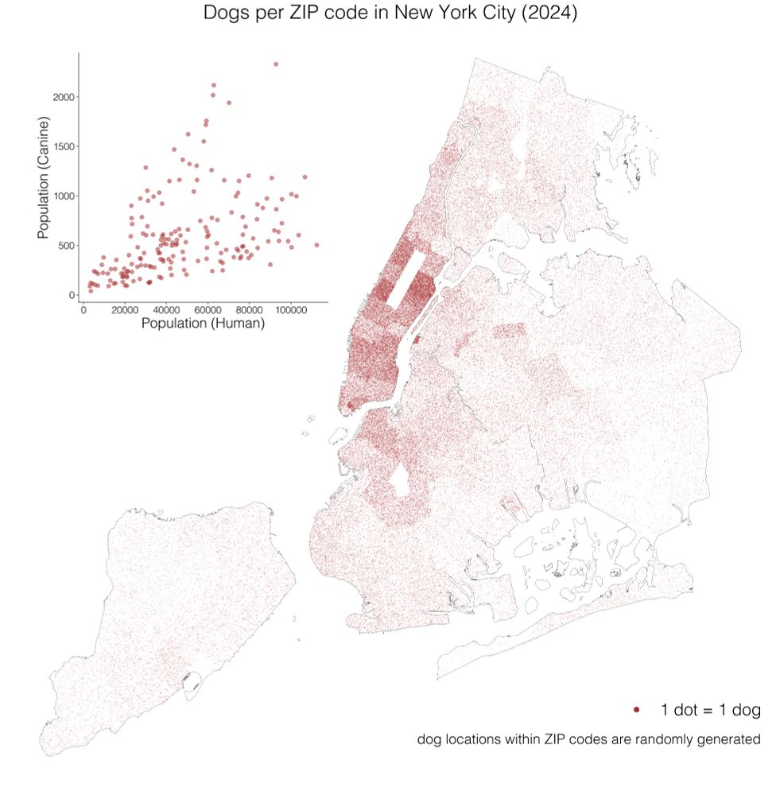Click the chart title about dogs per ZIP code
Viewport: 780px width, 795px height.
click(390, 14)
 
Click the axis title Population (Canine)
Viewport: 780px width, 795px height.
click(45, 177)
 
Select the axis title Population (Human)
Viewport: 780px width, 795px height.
click(203, 324)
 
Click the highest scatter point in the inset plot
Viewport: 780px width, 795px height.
click(276, 64)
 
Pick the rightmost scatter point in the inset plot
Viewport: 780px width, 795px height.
click(316, 245)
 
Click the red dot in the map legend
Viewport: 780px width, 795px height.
click(637, 708)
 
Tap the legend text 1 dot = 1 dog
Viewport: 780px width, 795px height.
click(710, 708)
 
